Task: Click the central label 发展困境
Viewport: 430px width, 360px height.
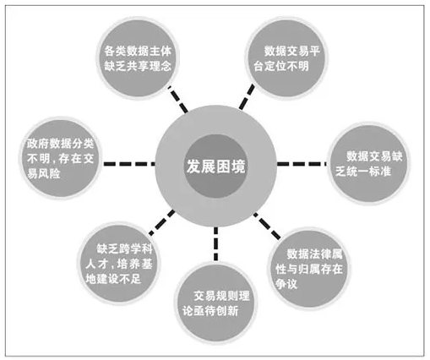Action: pyautogui.click(x=215, y=166)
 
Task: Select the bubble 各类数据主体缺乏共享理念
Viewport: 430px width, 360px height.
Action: pyautogui.click(x=138, y=58)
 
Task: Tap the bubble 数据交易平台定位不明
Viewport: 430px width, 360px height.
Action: pyautogui.click(x=287, y=58)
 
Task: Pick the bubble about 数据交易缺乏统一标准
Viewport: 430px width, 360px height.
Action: pyautogui.click(x=369, y=164)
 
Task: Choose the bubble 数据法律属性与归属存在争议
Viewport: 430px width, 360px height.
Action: pyautogui.click(x=309, y=269)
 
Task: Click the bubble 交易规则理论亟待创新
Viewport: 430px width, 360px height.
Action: pyautogui.click(x=215, y=303)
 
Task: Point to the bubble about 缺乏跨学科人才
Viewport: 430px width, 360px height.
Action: pyautogui.click(x=119, y=264)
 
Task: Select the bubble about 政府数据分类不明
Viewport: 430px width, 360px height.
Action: pyautogui.click(x=60, y=158)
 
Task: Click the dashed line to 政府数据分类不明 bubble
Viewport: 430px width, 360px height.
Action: pyautogui.click(x=129, y=164)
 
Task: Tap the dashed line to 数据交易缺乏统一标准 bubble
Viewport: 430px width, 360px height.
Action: pyautogui.click(x=302, y=164)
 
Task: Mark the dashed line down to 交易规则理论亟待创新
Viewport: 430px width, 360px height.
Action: pyautogui.click(x=215, y=244)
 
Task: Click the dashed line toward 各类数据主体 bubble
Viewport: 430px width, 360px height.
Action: pyautogui.click(x=177, y=100)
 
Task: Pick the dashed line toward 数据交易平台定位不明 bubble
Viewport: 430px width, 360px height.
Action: pyautogui.click(x=247, y=97)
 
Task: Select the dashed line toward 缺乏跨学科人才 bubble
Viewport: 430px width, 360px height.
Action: pyautogui.click(x=162, y=222)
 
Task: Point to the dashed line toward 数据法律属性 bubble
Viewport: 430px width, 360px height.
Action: pyautogui.click(x=267, y=226)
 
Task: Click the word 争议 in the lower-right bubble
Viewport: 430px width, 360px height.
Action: pyautogui.click(x=286, y=284)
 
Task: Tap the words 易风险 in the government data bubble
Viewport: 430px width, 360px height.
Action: pyautogui.click(x=44, y=173)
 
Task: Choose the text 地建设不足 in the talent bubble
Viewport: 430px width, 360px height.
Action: pyautogui.click(x=113, y=279)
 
